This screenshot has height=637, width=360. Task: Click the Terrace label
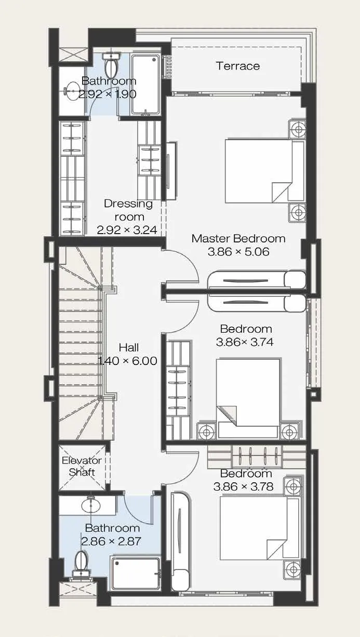(238, 66)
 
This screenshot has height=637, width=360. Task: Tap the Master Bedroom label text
(238, 239)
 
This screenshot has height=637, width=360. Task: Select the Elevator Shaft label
(82, 466)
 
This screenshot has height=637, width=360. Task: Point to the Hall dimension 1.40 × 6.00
(127, 361)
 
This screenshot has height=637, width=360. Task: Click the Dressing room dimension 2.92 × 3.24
(127, 230)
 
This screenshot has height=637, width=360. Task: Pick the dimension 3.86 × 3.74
(245, 342)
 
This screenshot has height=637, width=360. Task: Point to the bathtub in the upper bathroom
(145, 84)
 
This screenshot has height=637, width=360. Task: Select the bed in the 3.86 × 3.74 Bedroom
(248, 398)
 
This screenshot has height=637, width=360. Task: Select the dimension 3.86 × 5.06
(238, 252)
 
